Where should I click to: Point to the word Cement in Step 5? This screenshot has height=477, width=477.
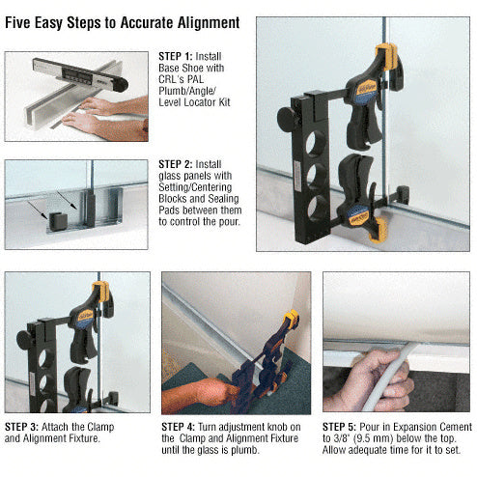click(x=452, y=426)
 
